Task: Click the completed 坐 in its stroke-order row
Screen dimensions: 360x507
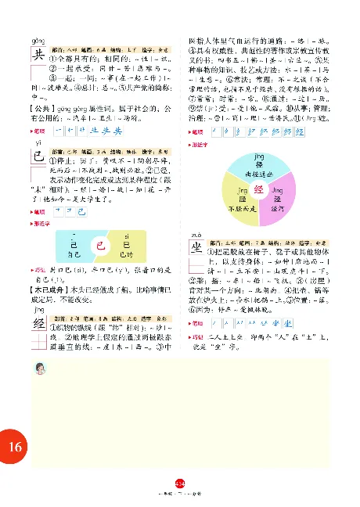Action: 279,322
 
